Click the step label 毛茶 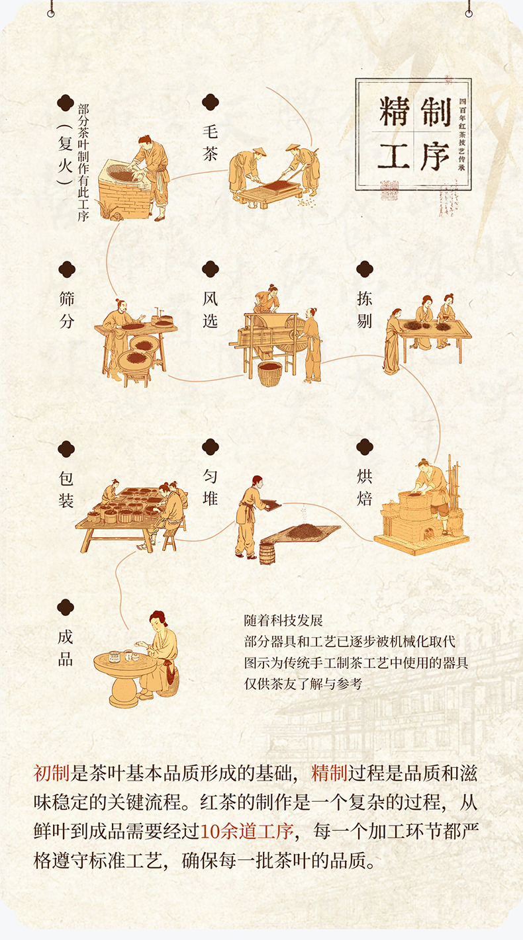pos(210,143)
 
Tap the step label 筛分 pos(67,310)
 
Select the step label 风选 pos(210,310)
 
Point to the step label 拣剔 pos(364,310)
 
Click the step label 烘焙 pos(364,488)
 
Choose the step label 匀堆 pos(210,488)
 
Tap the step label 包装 pos(66,490)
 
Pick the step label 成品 pos(66,648)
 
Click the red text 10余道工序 pos(247,831)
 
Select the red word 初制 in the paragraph pos(51,773)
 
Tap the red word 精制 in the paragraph pos(329,773)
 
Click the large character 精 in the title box pos(394,111)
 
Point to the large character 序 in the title pos(435,156)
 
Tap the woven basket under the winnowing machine pos(269,374)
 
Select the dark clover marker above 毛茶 pos(211,102)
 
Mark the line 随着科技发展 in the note pos(283,620)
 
